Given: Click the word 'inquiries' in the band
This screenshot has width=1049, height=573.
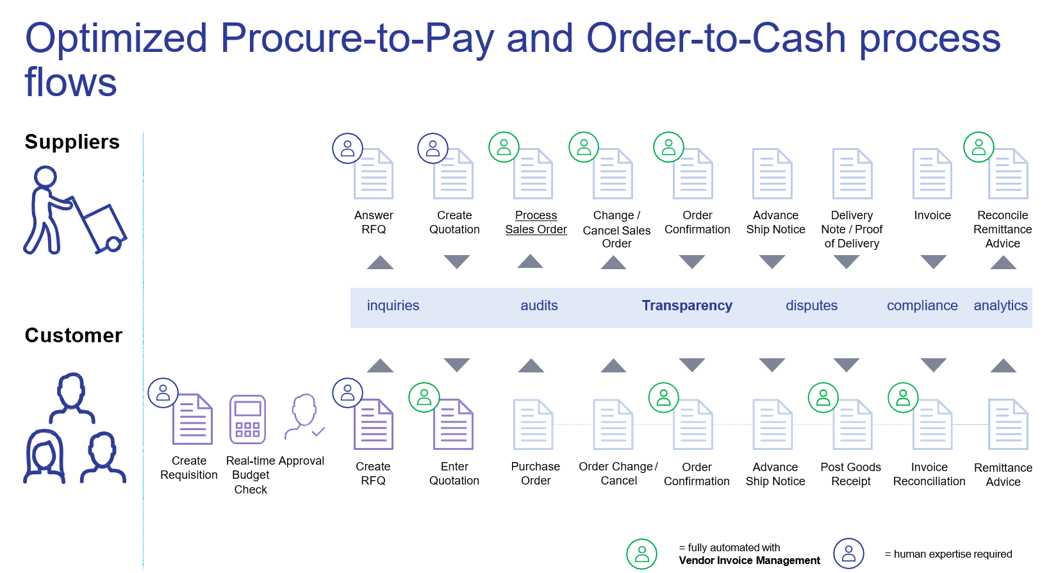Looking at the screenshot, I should pyautogui.click(x=393, y=306).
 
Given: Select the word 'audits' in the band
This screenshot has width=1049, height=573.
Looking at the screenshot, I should pyautogui.click(x=539, y=306).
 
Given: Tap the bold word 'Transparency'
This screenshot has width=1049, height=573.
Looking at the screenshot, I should pyautogui.click(x=687, y=306).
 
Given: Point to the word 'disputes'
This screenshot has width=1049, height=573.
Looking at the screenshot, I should pyautogui.click(x=811, y=306).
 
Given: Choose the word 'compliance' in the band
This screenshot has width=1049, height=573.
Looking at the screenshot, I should pyautogui.click(x=922, y=306).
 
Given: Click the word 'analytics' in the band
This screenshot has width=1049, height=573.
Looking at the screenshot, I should pyautogui.click(x=1000, y=306).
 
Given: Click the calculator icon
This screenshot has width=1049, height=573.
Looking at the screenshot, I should pyautogui.click(x=247, y=420).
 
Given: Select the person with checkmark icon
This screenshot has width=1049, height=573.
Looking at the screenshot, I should pyautogui.click(x=304, y=417).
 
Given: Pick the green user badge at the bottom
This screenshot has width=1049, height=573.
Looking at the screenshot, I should pyautogui.click(x=641, y=554).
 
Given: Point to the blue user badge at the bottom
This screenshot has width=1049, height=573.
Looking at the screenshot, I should pyautogui.click(x=848, y=553).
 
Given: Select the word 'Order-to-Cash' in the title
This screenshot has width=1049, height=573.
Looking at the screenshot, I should pyautogui.click(x=716, y=38).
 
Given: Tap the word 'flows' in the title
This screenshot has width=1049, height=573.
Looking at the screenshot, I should pyautogui.click(x=70, y=83).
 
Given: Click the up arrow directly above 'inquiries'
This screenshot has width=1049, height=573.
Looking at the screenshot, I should pyautogui.click(x=380, y=262).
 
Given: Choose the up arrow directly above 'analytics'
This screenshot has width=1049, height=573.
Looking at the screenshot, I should pyautogui.click(x=1003, y=262).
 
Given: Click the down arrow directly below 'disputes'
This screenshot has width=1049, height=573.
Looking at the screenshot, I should pyautogui.click(x=772, y=365).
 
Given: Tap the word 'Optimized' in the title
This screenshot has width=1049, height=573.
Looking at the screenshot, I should pyautogui.click(x=116, y=38).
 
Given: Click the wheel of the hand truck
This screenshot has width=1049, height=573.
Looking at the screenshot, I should pyautogui.click(x=114, y=244).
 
